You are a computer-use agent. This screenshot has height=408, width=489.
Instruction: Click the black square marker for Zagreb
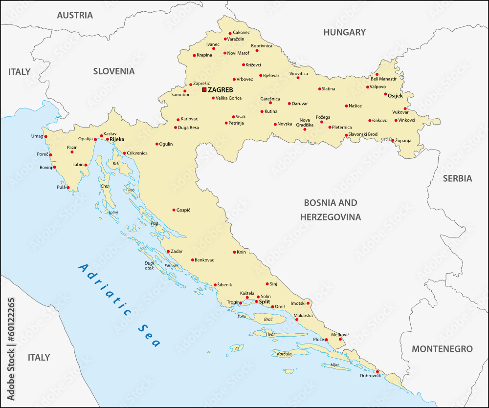(x=204, y=90)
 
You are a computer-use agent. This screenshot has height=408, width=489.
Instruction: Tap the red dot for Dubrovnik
(x=377, y=371)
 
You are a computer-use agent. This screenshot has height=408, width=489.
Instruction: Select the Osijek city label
(x=395, y=96)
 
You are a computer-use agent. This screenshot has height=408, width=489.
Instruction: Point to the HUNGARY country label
(x=344, y=32)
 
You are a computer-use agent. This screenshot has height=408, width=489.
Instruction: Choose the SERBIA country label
(x=457, y=178)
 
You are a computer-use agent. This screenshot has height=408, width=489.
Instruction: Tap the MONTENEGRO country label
(x=442, y=349)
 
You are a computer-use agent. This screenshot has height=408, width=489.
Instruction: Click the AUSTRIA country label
(x=75, y=15)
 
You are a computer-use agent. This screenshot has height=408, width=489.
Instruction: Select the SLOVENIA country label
(x=114, y=71)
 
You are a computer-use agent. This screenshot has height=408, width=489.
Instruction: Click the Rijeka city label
(x=117, y=139)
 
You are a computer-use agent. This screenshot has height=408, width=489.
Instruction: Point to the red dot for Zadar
(x=168, y=251)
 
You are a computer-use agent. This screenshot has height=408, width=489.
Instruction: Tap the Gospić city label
(x=183, y=210)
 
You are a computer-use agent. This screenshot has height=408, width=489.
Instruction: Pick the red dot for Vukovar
(x=405, y=108)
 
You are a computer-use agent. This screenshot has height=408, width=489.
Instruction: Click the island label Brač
(x=268, y=319)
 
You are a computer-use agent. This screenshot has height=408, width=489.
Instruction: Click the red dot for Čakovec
(x=230, y=33)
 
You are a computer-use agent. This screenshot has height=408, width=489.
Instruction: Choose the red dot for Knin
(x=234, y=252)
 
